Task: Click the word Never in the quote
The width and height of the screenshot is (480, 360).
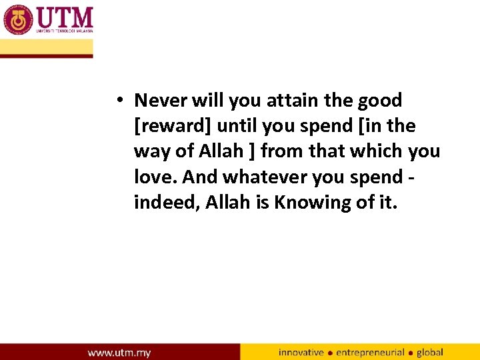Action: pos(161,101)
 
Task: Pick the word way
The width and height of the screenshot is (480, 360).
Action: pos(151,151)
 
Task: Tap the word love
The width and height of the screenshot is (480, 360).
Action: pos(154,177)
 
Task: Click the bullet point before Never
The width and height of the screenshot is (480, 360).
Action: pos(117,101)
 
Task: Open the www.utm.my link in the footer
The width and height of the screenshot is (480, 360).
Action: pos(119,352)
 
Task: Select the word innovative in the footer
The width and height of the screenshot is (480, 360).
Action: pos(301,352)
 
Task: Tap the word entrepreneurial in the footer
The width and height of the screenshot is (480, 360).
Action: pos(370,352)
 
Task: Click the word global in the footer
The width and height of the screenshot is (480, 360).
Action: pos(430,352)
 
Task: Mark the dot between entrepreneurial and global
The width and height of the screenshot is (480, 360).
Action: pos(411,353)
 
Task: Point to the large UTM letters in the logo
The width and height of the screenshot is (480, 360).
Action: pos(65,17)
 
